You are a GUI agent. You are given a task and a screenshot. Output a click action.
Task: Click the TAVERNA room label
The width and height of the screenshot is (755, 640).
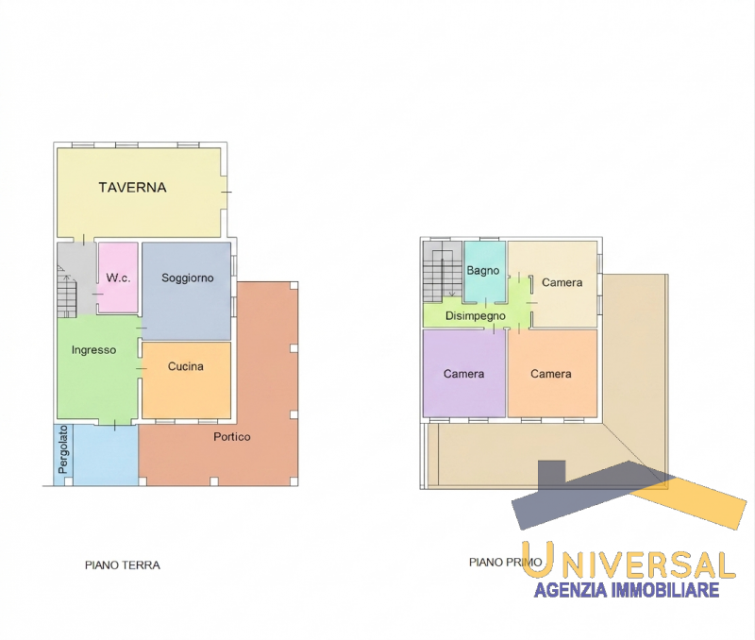click(132, 187)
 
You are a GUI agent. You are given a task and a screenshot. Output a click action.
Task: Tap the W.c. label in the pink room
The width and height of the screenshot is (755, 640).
click(118, 278)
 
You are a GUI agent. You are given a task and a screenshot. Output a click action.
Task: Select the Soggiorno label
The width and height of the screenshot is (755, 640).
click(187, 278)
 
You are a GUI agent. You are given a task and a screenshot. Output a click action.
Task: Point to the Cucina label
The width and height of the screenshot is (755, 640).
click(185, 366)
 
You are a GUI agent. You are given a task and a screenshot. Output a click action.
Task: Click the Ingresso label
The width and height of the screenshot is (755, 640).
click(93, 350)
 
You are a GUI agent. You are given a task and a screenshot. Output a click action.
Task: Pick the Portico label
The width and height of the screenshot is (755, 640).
click(232, 437)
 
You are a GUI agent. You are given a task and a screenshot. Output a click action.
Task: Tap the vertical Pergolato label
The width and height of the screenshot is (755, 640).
click(62, 449)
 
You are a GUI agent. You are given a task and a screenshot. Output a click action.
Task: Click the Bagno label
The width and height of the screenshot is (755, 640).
click(483, 271)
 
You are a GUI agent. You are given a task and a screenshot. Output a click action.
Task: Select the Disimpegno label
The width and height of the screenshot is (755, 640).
click(476, 316)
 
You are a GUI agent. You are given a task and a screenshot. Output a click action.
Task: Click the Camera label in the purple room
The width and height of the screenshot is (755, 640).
click(463, 374)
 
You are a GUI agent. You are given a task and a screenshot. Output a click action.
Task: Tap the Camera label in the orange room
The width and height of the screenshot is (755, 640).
click(551, 374)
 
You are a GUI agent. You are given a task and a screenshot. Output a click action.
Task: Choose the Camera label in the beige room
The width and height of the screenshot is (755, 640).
click(562, 282)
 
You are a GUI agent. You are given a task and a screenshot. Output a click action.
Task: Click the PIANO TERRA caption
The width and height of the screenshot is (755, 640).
click(123, 564)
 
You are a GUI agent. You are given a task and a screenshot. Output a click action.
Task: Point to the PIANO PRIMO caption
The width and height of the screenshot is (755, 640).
click(505, 562)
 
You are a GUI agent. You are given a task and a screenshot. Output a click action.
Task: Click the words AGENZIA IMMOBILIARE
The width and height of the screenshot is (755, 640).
click(627, 589)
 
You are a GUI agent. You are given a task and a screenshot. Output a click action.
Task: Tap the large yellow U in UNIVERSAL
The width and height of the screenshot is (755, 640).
click(537, 559)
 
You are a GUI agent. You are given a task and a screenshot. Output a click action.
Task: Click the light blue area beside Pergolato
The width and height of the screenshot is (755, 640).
click(106, 454)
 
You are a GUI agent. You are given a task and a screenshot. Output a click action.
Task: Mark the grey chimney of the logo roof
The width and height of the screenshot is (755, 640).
click(552, 472)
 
